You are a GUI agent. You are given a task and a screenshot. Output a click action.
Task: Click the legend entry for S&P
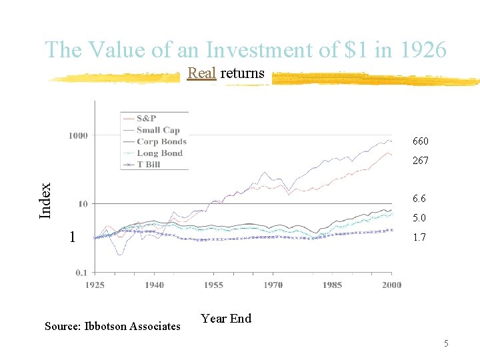coord(146,119)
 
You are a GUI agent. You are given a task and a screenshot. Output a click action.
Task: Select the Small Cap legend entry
coord(158,130)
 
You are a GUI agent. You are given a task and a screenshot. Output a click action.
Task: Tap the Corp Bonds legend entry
coord(161,141)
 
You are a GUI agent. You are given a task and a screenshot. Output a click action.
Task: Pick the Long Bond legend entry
coord(159,153)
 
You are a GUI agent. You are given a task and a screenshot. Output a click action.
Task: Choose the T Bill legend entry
coord(148,164)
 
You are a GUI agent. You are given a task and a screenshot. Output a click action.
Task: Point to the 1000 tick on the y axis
coord(77,136)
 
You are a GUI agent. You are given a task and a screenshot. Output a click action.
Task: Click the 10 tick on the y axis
coord(83,204)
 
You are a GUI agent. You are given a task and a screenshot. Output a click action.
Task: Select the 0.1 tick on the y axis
coord(81,272)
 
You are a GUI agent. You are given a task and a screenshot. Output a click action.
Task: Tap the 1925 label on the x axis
coord(95,285)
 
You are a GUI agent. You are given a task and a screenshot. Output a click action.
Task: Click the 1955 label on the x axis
coord(213,285)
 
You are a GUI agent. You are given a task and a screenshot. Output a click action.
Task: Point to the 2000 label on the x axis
coord(391,285)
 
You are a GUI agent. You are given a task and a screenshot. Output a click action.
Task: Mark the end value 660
coord(420,141)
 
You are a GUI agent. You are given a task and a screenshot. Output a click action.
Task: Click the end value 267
coord(420,161)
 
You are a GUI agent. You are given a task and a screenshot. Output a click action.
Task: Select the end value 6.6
coord(419,199)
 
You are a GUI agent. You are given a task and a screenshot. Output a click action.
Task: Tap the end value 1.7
coord(419,237)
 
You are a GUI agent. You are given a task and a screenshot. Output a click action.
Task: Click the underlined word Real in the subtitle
coord(202,73)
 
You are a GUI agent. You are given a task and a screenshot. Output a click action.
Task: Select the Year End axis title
coord(226,319)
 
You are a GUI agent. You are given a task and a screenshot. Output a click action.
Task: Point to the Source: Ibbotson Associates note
coord(112,326)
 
